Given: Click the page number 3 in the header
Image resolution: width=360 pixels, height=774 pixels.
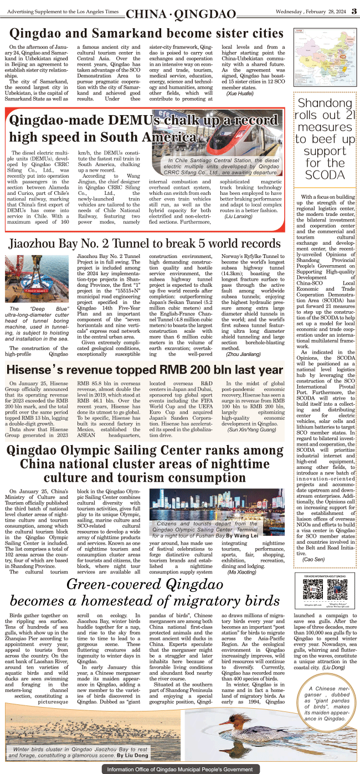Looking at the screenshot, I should (x=352, y=12).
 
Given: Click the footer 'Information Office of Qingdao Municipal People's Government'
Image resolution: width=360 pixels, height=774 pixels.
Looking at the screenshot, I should (x=180, y=769).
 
